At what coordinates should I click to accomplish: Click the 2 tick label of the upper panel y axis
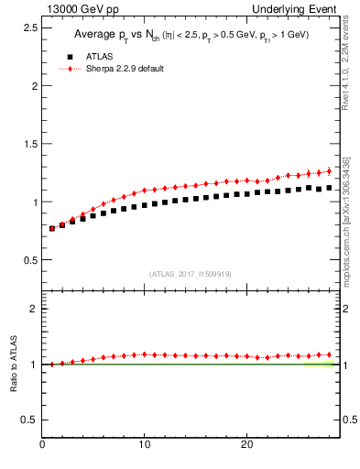coord(33,86)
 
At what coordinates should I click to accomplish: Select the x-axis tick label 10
coord(144,444)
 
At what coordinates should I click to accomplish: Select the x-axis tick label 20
coord(246,444)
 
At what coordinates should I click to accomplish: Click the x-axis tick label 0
coord(42,444)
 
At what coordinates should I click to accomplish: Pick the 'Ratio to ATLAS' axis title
coord(12,364)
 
